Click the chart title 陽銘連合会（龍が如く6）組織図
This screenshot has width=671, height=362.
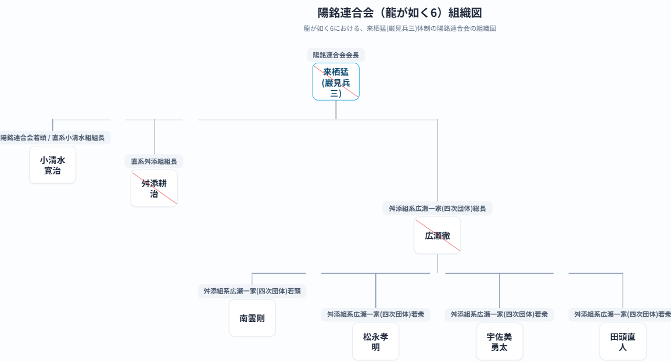[x=400, y=13]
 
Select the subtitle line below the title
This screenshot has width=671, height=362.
[x=400, y=28]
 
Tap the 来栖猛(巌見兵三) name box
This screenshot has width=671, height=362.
[x=336, y=81]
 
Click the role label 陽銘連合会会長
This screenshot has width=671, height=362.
[x=336, y=55]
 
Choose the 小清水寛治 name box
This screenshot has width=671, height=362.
[x=52, y=165]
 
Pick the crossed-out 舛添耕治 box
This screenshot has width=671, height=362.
[x=154, y=188]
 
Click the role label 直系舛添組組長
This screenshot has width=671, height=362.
[x=154, y=162]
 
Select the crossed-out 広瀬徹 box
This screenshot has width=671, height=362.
[x=437, y=235]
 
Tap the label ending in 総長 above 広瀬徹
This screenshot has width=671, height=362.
[x=437, y=209]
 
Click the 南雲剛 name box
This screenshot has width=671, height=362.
[x=252, y=318]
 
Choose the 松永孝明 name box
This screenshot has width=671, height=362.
[x=375, y=342]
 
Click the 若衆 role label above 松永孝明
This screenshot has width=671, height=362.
[x=375, y=314]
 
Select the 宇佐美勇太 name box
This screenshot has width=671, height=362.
[x=499, y=342]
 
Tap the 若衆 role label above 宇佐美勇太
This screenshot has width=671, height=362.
[x=499, y=314]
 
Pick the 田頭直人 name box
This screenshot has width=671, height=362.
[x=623, y=342]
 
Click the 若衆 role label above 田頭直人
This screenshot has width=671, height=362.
[x=623, y=314]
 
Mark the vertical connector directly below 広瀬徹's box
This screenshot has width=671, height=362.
[x=437, y=263]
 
